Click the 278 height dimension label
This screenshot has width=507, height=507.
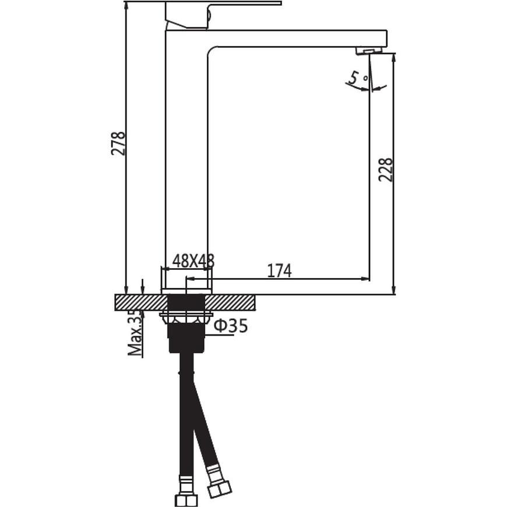(118, 143)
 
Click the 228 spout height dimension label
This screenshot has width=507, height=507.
(385, 170)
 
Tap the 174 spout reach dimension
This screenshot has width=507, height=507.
(279, 270)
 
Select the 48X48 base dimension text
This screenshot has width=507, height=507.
(193, 260)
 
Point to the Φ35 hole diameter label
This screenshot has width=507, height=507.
(231, 326)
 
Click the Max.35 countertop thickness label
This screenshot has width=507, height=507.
(135, 333)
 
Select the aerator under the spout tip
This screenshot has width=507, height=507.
(369, 51)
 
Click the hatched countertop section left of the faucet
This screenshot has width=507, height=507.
(141, 302)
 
